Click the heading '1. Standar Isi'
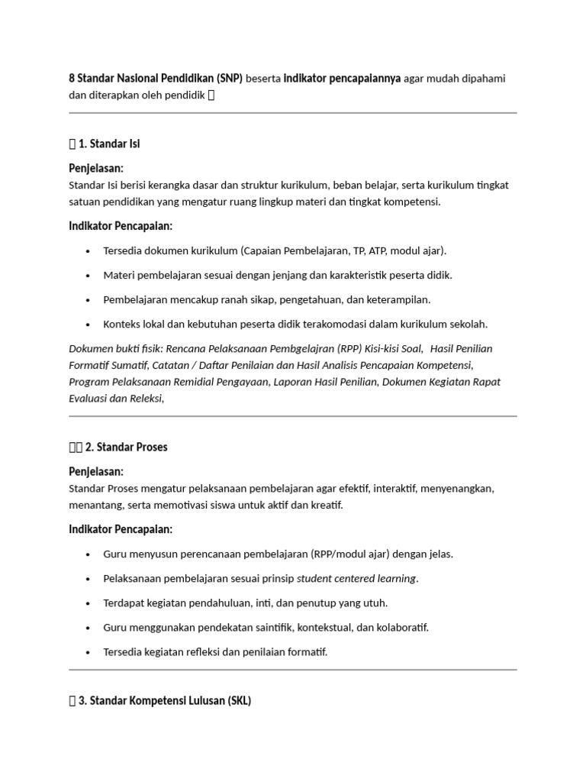(108, 144)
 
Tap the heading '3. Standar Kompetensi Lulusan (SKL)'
(164, 700)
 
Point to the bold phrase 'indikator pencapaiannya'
(343, 79)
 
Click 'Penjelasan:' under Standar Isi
(96, 168)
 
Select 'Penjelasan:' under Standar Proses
(96, 471)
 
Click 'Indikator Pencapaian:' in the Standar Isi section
(121, 226)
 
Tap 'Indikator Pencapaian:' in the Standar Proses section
(121, 529)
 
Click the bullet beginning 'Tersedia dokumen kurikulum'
(275, 250)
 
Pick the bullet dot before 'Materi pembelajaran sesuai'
(89, 276)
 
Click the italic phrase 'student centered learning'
(356, 578)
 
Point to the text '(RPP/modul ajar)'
(349, 554)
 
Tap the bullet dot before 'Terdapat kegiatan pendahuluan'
(89, 603)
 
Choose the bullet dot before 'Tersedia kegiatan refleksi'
(89, 652)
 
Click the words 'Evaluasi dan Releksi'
(115, 398)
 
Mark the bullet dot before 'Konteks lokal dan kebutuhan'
(89, 325)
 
